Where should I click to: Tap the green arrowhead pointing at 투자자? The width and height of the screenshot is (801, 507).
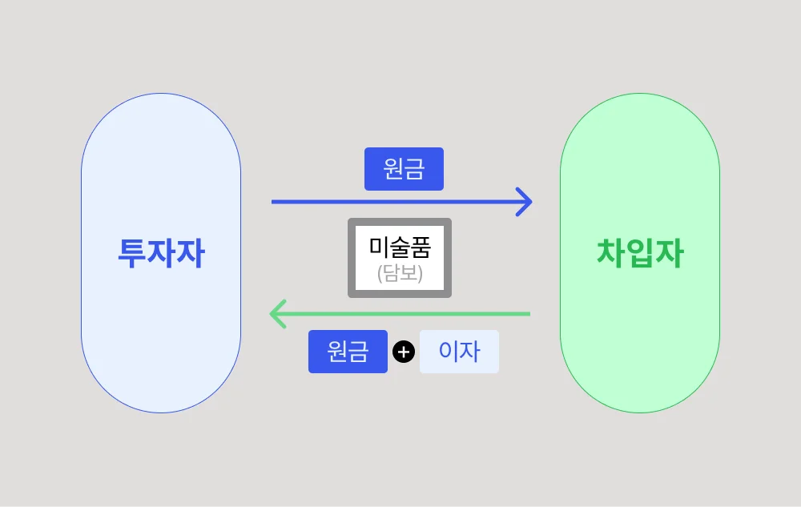(x=276, y=313)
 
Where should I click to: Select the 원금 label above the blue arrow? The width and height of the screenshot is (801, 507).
(x=404, y=169)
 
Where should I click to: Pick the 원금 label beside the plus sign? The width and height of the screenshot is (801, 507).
(x=348, y=352)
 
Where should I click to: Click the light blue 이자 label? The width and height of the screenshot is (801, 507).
(x=459, y=352)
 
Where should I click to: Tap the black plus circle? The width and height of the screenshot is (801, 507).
(x=404, y=352)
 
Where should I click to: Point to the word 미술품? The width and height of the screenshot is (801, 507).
(x=400, y=247)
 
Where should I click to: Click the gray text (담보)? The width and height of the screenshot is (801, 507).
(x=400, y=275)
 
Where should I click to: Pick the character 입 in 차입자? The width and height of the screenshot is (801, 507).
(x=640, y=254)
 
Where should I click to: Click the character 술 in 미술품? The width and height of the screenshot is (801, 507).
(x=400, y=247)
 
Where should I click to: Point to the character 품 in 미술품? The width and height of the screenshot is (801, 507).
(x=421, y=247)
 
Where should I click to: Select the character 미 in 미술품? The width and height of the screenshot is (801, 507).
(x=379, y=247)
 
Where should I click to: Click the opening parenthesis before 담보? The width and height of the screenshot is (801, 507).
(x=380, y=276)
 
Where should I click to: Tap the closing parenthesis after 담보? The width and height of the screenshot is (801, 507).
(x=420, y=276)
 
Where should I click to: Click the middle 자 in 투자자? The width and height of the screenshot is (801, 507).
(x=161, y=254)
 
